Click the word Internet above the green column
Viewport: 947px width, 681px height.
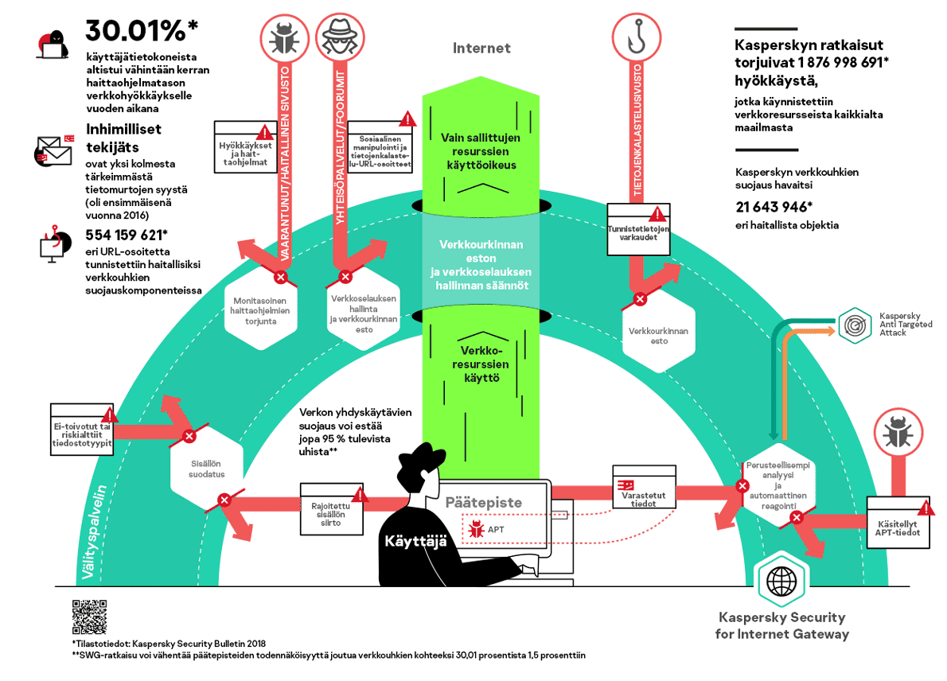pyautogui.click(x=481, y=49)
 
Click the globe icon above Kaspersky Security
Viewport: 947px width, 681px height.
pyautogui.click(x=780, y=582)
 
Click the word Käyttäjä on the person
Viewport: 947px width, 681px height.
pyautogui.click(x=415, y=541)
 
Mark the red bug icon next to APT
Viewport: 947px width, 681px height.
pyautogui.click(x=477, y=527)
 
